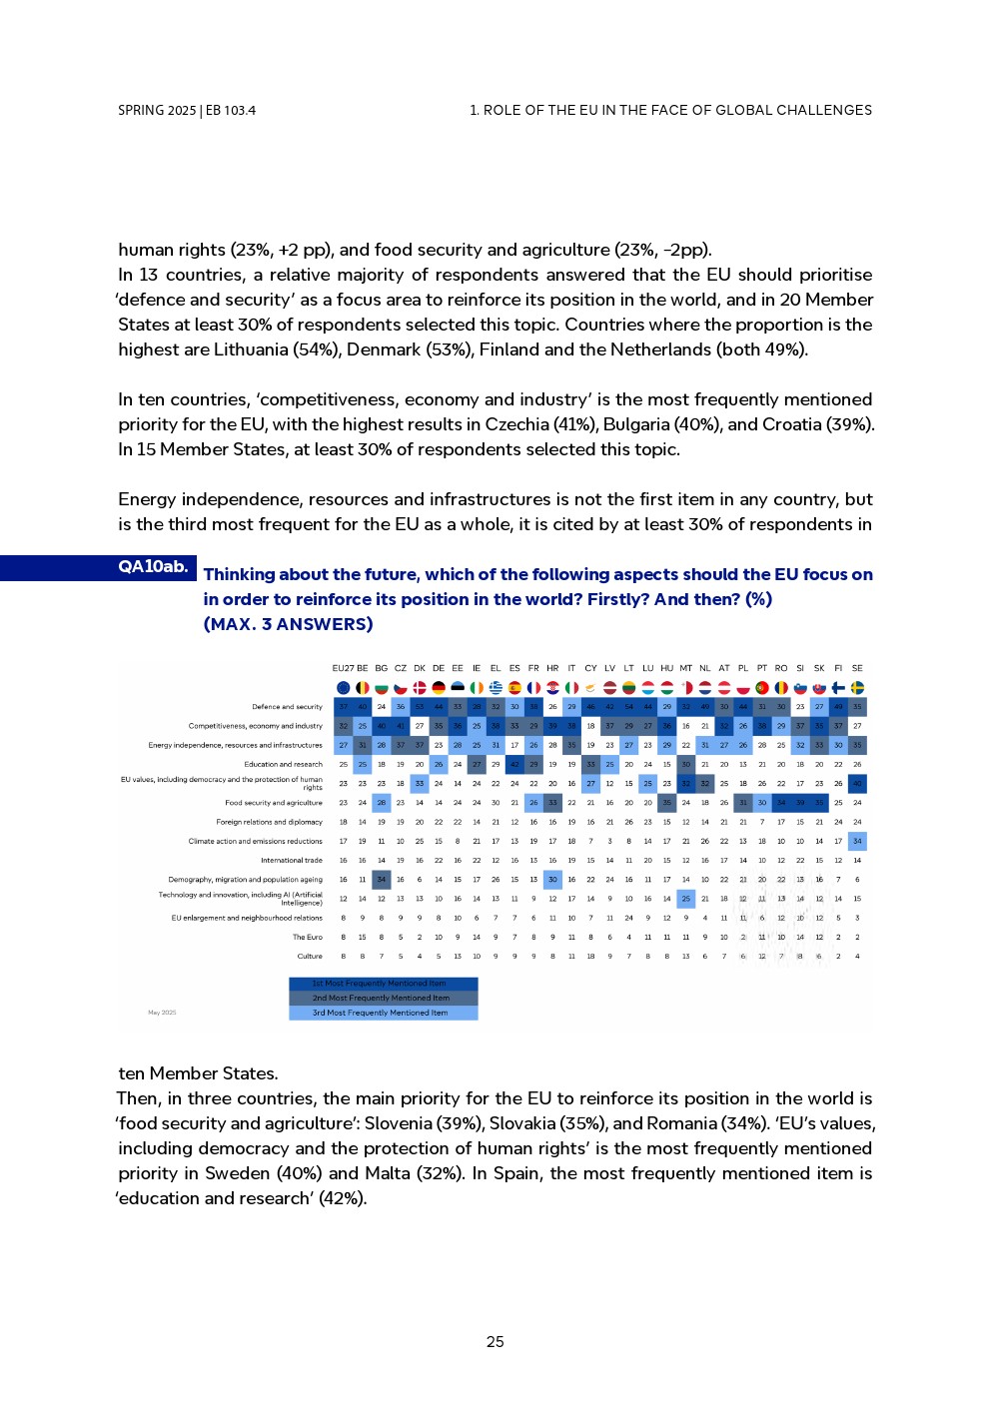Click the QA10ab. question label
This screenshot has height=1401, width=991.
coord(152,566)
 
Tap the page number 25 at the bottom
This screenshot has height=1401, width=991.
coord(495,1342)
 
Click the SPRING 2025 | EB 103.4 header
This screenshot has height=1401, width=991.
coord(187,111)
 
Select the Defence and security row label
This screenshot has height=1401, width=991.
coord(288,707)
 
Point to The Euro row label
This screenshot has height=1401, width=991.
coord(307,937)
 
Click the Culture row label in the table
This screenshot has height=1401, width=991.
coord(310,956)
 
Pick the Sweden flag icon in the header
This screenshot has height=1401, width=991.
coord(857,687)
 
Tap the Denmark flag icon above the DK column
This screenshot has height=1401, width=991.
coord(420,687)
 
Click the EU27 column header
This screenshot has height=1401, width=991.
coord(343,668)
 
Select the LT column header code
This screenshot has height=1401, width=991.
coord(628,668)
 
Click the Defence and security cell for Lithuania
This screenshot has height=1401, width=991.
coord(628,707)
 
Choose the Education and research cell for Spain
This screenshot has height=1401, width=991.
coord(514,764)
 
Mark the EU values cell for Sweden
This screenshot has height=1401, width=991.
coord(857,783)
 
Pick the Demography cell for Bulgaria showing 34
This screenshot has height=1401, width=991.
coord(381,880)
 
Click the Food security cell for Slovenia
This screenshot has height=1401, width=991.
coord(800,802)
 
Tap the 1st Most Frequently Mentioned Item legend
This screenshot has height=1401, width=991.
coord(383,984)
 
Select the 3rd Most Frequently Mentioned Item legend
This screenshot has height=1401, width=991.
coord(383,1013)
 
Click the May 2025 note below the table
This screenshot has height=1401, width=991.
coord(162,1013)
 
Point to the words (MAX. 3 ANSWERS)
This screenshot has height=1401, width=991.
coord(288,624)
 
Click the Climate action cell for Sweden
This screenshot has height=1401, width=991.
coord(857,841)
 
